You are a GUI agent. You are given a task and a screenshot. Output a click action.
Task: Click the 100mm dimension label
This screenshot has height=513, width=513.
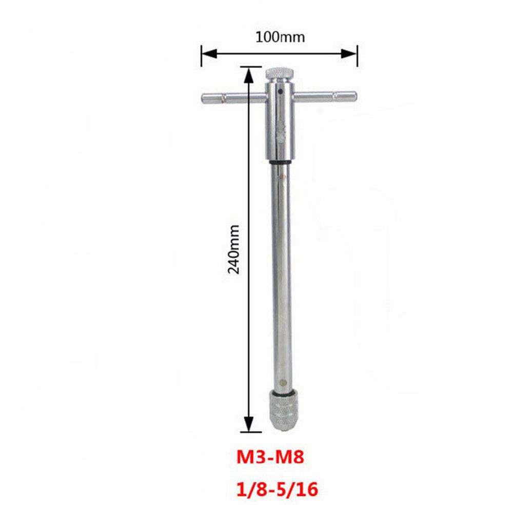coord(280,37)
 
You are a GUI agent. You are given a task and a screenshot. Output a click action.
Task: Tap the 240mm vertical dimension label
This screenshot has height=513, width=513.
coord(233,249)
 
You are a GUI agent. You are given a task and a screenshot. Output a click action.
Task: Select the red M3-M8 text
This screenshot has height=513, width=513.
coord(270,457)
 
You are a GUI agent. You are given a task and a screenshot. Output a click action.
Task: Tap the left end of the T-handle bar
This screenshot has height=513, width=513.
coord(203,98)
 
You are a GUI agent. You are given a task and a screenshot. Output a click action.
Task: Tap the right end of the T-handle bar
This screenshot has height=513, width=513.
coord(355,96)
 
